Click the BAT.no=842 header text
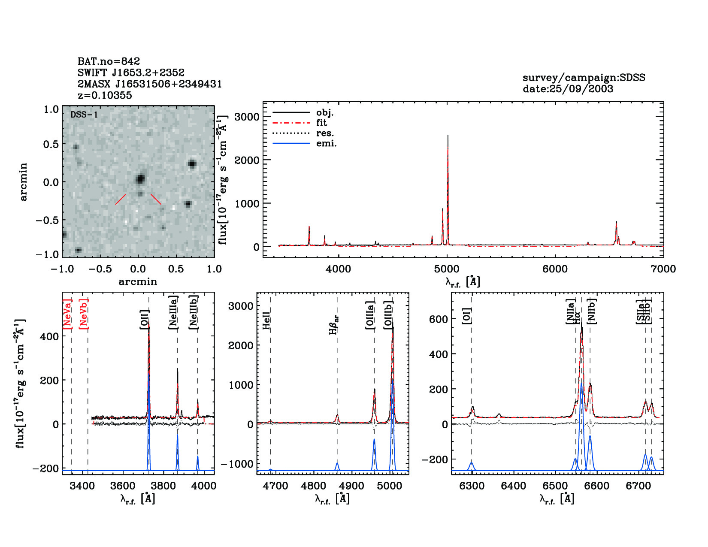(109, 61)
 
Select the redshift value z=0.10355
(105, 95)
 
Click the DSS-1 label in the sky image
(84, 115)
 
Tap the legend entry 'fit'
(321, 123)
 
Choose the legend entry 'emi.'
(326, 143)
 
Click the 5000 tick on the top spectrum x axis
(447, 269)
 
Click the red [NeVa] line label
(68, 314)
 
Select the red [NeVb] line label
(84, 314)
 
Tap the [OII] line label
(145, 319)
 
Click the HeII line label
(266, 320)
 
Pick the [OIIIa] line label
(370, 315)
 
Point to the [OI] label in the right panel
(467, 316)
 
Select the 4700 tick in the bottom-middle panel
(275, 486)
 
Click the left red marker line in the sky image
(121, 199)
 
